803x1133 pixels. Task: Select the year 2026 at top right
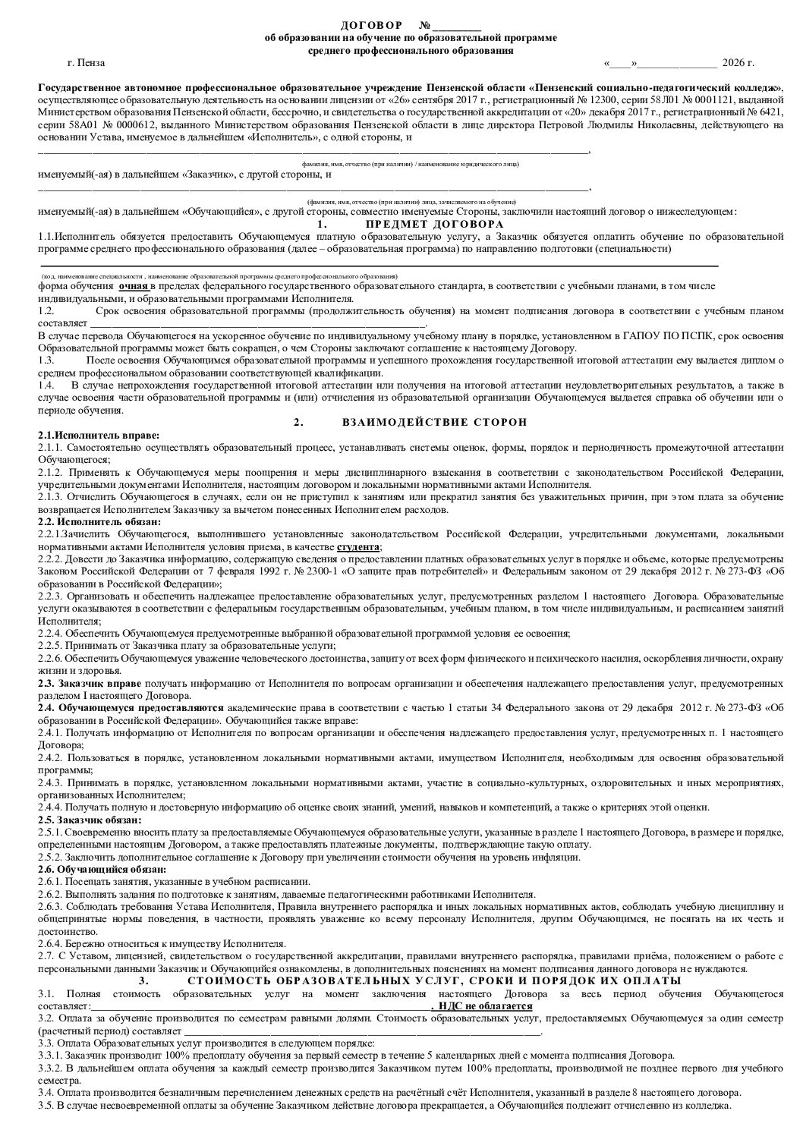click(x=735, y=63)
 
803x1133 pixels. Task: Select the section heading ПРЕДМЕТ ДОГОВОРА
click(x=434, y=225)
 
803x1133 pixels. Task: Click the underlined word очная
click(x=134, y=287)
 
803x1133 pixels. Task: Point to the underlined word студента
click(x=357, y=547)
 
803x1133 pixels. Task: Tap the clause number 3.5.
click(x=45, y=1105)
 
